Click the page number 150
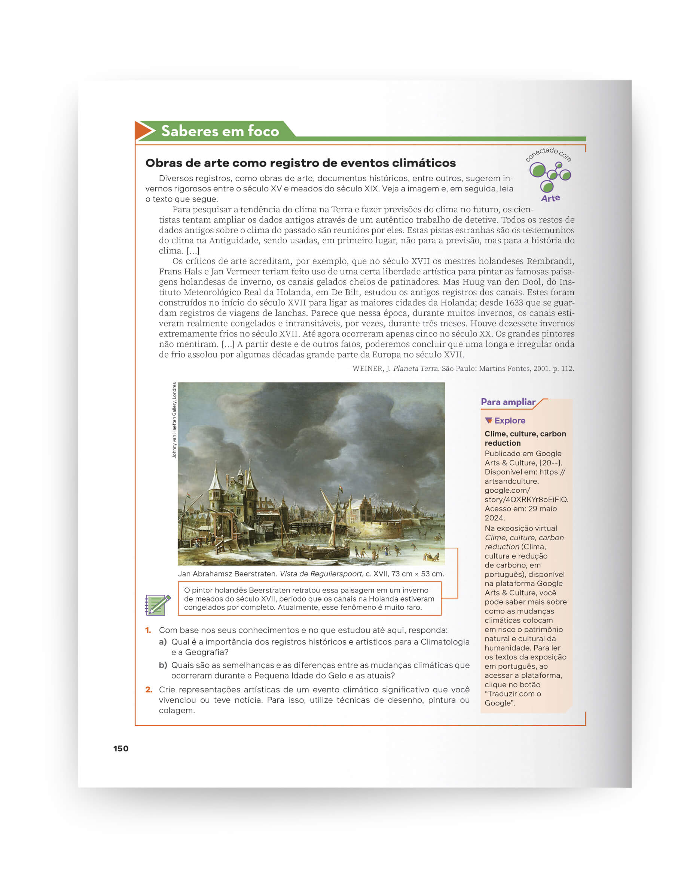click(120, 748)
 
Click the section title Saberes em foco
click(220, 131)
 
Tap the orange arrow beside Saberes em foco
click(144, 130)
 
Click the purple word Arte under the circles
click(550, 198)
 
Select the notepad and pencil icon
click(157, 604)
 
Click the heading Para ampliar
click(507, 402)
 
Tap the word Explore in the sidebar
click(510, 421)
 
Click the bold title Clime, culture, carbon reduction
click(525, 438)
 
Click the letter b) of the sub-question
click(163, 665)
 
